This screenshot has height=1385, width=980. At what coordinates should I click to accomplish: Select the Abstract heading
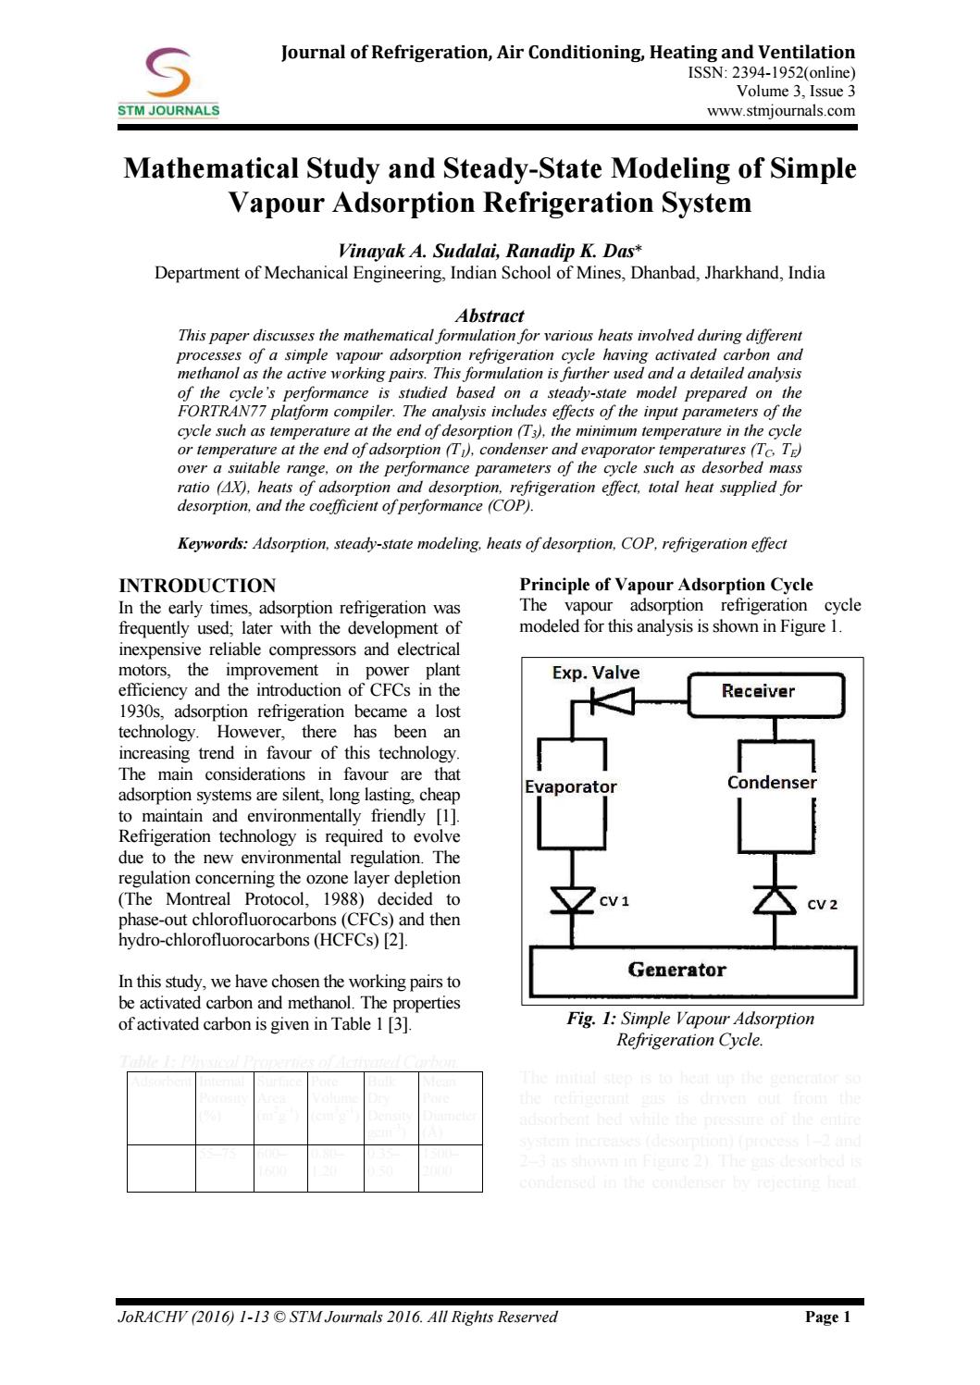point(490,315)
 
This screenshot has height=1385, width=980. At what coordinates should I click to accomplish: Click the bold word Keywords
point(212,544)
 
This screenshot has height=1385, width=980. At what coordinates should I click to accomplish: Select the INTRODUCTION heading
point(197,586)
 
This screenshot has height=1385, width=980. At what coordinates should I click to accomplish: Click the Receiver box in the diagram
point(766,691)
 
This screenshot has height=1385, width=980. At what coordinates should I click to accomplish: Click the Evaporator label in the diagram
point(570,786)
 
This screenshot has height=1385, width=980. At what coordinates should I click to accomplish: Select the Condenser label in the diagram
point(772,783)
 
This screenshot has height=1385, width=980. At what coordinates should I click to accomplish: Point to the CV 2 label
point(822,904)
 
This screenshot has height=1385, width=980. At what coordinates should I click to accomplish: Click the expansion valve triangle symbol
point(616,705)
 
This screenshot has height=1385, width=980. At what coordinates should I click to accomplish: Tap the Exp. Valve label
point(595,673)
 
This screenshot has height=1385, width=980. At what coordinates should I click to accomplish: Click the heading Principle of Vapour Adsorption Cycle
point(666,585)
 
